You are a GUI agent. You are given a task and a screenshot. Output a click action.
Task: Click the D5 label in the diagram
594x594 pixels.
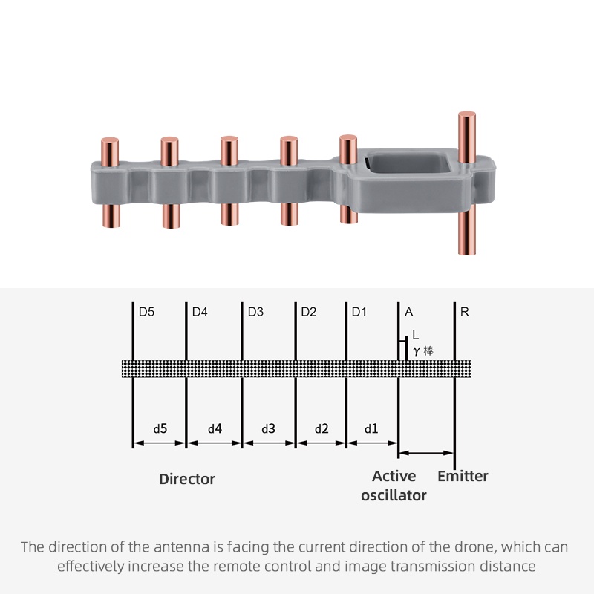(x=146, y=312)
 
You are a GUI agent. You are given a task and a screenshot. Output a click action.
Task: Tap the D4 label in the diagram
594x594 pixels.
(x=200, y=312)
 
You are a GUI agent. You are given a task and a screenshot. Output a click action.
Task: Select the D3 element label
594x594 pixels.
(x=255, y=312)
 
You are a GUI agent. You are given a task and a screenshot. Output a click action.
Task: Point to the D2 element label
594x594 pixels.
(x=309, y=312)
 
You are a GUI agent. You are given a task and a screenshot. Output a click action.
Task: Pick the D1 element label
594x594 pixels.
(x=359, y=312)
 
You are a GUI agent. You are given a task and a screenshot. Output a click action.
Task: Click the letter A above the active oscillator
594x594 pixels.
(x=409, y=312)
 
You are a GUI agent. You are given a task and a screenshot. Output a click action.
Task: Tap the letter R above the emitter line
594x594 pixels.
(x=465, y=312)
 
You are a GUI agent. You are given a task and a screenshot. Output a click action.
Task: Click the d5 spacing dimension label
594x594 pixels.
(x=160, y=428)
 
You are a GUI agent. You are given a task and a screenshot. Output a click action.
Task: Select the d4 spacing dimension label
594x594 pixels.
(x=215, y=428)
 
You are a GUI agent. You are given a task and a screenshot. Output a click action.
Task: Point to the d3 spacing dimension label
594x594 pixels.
(x=269, y=428)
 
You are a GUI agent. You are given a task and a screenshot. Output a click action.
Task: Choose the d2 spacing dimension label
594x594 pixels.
(x=322, y=428)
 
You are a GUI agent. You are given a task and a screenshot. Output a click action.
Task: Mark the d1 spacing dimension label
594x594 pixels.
(x=371, y=428)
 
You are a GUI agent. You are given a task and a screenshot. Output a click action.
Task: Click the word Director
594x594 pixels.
(x=187, y=479)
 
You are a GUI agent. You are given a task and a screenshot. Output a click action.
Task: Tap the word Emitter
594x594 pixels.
(x=463, y=476)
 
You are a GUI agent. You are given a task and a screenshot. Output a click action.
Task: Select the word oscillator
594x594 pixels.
(x=394, y=495)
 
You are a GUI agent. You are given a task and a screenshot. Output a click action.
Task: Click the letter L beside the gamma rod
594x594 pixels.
(x=415, y=335)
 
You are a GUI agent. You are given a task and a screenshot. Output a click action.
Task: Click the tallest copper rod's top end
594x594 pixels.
(x=467, y=116)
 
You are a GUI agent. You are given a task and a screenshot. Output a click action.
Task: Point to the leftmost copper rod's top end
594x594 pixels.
(x=110, y=141)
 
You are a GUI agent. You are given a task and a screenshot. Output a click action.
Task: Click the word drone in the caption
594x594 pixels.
(x=469, y=547)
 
